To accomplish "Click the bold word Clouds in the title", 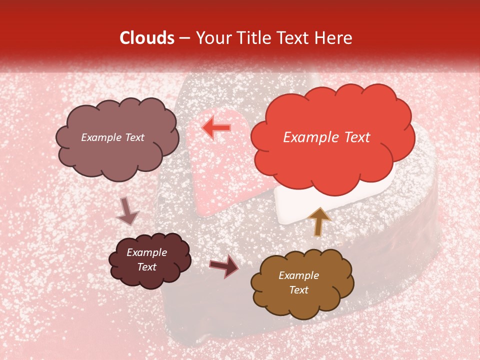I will point(146,38).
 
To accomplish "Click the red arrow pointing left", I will point(216,128).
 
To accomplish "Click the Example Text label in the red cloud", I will point(326,137).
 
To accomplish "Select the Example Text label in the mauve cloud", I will point(112,137).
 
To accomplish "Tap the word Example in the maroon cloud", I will point(147,252).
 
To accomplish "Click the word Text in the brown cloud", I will point(299,290).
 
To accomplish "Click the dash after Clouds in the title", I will point(184,38).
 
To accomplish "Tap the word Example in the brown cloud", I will point(299,275).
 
